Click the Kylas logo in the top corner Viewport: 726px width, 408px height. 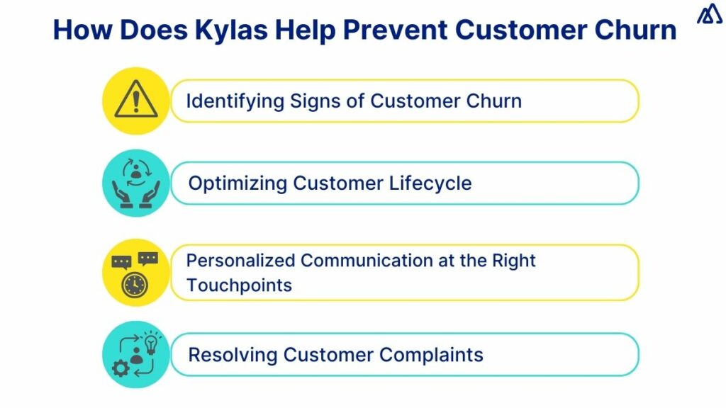point(709,15)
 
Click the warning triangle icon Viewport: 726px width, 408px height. point(136,101)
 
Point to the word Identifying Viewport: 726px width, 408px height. point(235,101)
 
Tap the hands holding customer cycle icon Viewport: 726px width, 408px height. point(136,183)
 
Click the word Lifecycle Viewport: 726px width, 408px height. point(430,183)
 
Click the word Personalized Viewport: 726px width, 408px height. point(240,261)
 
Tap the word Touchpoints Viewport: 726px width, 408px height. point(239,285)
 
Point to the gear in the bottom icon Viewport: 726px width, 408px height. point(119,368)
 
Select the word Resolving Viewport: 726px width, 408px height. point(232,354)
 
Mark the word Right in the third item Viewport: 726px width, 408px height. point(514,261)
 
